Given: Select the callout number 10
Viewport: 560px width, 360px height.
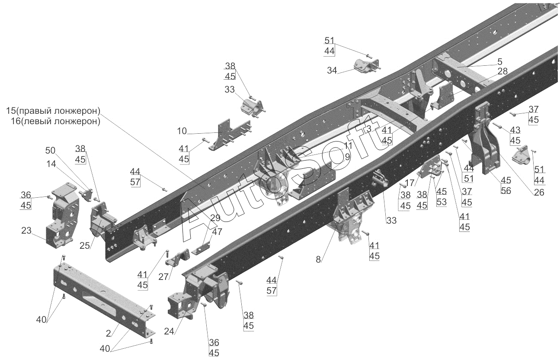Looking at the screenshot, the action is point(182,131).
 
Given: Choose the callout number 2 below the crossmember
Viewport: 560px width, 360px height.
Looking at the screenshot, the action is point(109,333).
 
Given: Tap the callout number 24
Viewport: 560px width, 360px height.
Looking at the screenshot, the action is point(169,332).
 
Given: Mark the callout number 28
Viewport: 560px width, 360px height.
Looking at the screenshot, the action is point(502,71).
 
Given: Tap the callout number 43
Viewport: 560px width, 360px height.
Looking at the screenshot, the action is point(515,130).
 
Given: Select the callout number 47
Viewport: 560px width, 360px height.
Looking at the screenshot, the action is point(218,231).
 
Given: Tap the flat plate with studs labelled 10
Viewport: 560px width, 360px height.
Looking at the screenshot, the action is point(229,135).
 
